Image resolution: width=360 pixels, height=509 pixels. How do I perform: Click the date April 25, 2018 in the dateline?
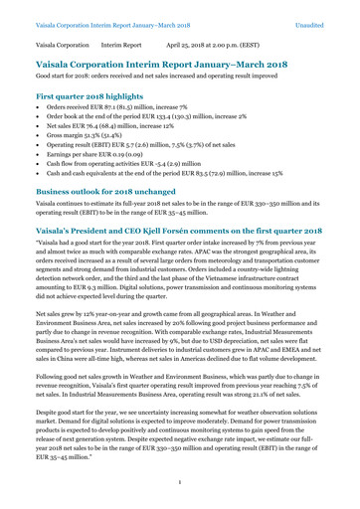[x=194, y=46]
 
